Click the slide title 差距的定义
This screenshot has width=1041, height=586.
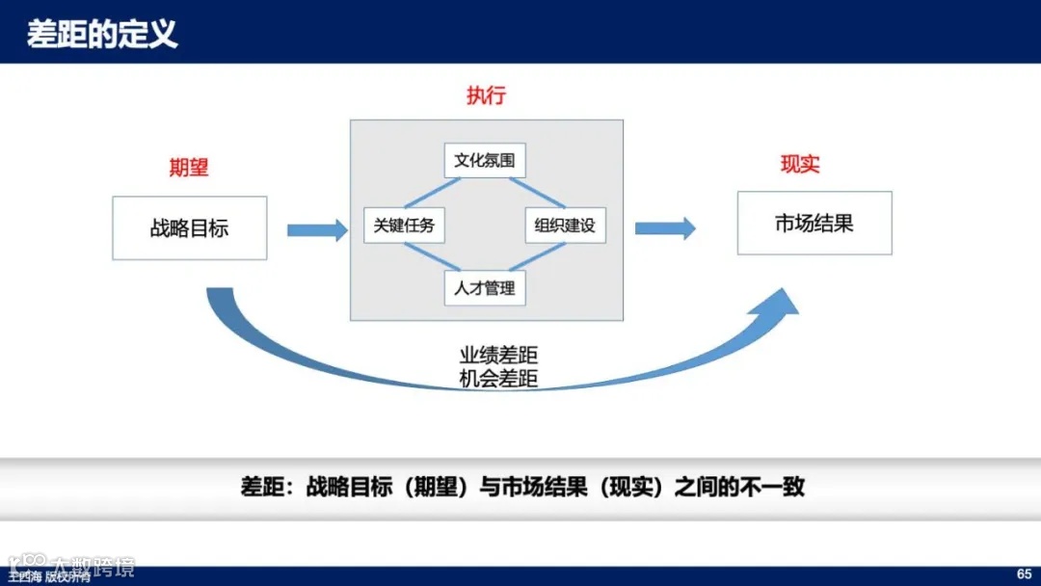pos(102,35)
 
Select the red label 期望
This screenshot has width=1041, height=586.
pos(189,167)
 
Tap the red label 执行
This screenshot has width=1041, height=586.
pos(486,95)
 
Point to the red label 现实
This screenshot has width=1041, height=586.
pos(800,164)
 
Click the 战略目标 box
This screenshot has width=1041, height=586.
pos(190,228)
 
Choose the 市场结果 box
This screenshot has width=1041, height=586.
pos(814,224)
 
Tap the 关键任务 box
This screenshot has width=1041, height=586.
pos(404,226)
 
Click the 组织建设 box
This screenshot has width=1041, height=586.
pos(565,226)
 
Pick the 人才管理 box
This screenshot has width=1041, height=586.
pos(485,287)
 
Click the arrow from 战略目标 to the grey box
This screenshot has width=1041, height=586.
pos(317,229)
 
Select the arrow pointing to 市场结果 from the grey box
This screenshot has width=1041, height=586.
pos(665,228)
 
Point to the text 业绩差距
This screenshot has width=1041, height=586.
pos(498,355)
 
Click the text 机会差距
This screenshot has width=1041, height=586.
pos(498,379)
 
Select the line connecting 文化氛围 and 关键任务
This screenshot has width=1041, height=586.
pos(424,193)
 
